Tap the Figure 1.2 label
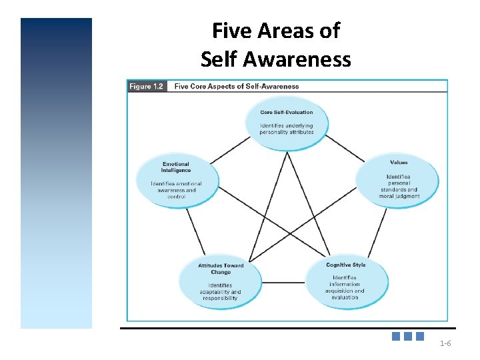[x=146, y=87]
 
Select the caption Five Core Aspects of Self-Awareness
[x=237, y=87]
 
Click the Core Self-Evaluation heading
[x=286, y=112]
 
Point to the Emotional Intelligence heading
[x=176, y=167]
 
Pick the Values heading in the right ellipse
[x=399, y=162]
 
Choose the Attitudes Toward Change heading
[x=221, y=269]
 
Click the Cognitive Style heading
[x=345, y=265]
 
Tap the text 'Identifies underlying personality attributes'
[x=286, y=129]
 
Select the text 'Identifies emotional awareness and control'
[x=177, y=190]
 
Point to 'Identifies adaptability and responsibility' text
[x=221, y=292]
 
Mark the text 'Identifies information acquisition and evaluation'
[x=345, y=288]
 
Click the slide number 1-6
[x=445, y=343]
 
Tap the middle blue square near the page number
[x=407, y=337]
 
